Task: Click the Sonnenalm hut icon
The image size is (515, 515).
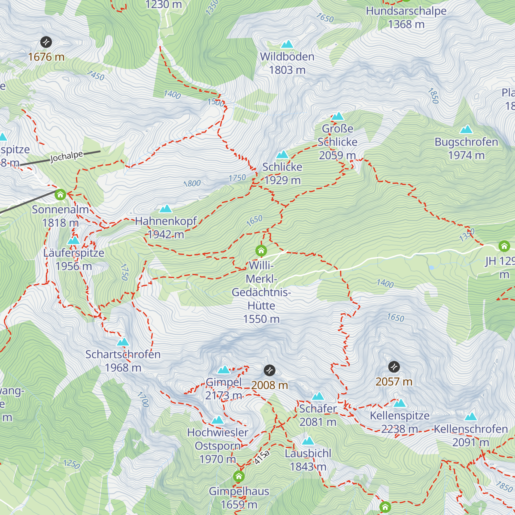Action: (x=61, y=194)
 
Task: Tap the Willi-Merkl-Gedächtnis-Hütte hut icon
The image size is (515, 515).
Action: (x=261, y=250)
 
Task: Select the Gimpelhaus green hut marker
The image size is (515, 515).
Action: (x=239, y=476)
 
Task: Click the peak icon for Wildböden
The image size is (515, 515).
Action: (x=287, y=44)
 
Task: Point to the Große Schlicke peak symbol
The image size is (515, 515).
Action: (x=338, y=116)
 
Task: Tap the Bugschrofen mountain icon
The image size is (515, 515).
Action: (x=466, y=130)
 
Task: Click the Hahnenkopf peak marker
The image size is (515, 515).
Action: (x=166, y=209)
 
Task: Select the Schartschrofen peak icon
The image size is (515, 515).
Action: (x=123, y=342)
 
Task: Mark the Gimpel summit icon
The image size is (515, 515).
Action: (x=224, y=370)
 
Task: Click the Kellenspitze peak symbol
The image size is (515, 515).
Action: (x=400, y=403)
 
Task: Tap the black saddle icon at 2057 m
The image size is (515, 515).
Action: (x=394, y=367)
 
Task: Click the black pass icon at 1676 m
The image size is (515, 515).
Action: (x=46, y=42)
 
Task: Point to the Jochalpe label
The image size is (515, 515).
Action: (x=67, y=157)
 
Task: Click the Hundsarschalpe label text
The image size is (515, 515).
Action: (x=406, y=11)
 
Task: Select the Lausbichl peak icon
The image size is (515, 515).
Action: (x=308, y=441)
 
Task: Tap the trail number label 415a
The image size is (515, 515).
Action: (x=261, y=457)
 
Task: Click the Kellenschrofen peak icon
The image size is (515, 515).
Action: (x=471, y=417)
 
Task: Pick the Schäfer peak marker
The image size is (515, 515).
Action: (x=318, y=396)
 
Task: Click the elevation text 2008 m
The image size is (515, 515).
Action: (x=270, y=385)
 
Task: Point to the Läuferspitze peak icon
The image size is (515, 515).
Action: (x=73, y=240)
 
